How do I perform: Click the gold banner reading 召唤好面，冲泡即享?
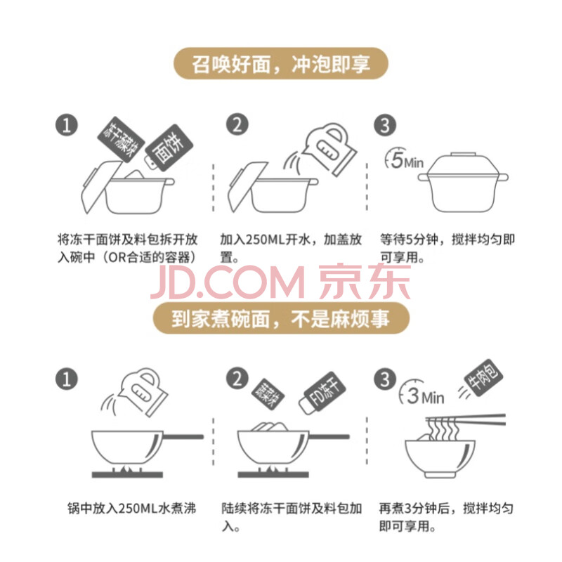[280, 63]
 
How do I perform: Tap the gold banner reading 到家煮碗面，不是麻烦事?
[281, 318]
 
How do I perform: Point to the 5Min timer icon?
[403, 160]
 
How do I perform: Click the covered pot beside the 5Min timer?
[463, 182]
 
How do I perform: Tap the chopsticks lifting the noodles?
[466, 419]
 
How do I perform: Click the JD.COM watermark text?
[227, 283]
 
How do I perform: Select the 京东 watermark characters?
[365, 282]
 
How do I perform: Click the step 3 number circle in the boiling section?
[385, 379]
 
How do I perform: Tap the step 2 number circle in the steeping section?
[237, 124]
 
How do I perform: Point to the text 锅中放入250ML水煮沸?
[132, 508]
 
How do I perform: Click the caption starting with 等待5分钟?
[447, 248]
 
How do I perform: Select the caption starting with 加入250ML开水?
[291, 248]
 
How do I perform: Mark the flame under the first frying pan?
[126, 469]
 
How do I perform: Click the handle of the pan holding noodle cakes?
[329, 436]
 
